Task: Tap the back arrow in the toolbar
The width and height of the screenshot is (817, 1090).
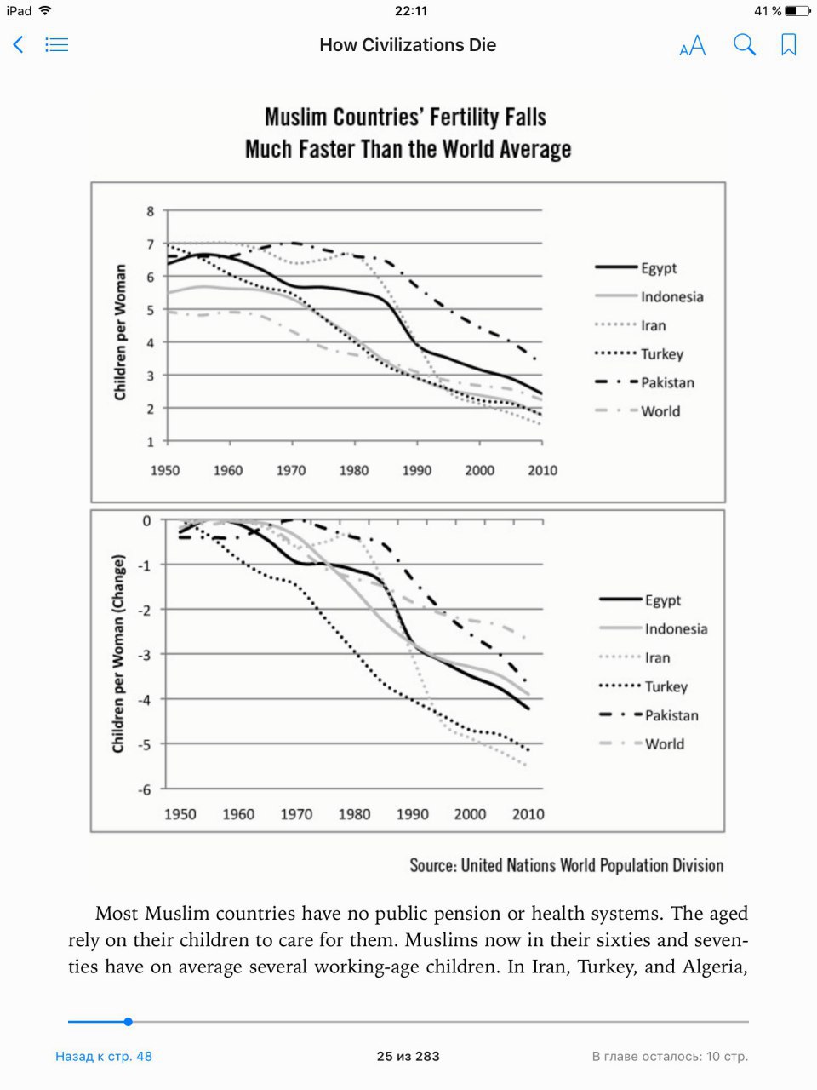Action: pos(19,44)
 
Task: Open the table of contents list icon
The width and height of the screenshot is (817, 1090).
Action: pos(56,44)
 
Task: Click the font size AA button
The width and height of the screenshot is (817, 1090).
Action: pos(693,45)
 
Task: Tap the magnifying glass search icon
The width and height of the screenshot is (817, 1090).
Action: pos(745,44)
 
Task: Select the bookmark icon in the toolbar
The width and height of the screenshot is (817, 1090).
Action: pos(789,44)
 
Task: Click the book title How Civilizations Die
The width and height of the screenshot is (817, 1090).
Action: pos(408,45)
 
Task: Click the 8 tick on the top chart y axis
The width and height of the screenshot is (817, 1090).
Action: pos(151,211)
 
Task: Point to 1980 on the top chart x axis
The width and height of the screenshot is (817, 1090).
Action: pos(354,470)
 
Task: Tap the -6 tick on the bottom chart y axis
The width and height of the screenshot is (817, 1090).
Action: pos(145,789)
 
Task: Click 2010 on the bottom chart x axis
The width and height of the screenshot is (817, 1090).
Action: pos(528,814)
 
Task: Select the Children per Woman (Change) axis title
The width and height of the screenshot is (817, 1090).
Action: pos(118,653)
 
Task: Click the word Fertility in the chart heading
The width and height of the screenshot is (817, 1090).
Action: pos(464,118)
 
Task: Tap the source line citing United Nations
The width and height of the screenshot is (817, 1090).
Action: pos(567,865)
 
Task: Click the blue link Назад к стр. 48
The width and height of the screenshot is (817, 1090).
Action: pos(104,1056)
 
